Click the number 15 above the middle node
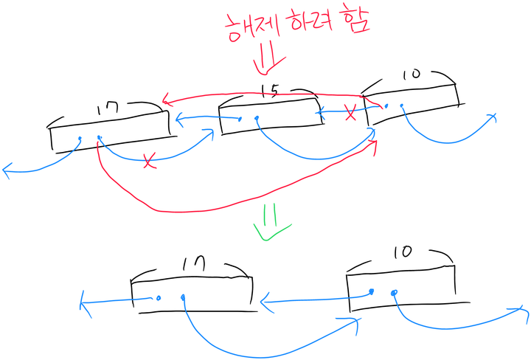click(270, 91)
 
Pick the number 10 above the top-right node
click(412, 74)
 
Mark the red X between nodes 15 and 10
click(351, 113)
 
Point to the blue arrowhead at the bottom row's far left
click(83, 302)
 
